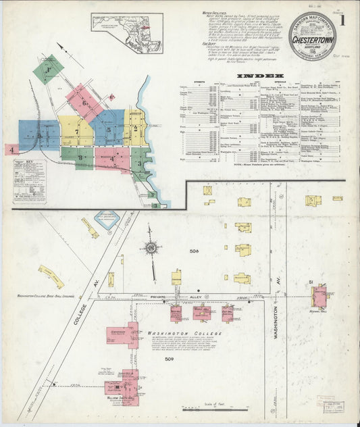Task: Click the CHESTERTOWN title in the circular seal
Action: click(312, 36)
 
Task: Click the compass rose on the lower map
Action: click(151, 248)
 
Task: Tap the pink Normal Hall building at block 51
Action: click(318, 296)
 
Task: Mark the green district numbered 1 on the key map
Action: click(48, 68)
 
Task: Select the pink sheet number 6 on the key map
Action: click(84, 103)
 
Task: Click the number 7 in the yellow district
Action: click(77, 131)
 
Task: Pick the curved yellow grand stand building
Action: click(51, 276)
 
